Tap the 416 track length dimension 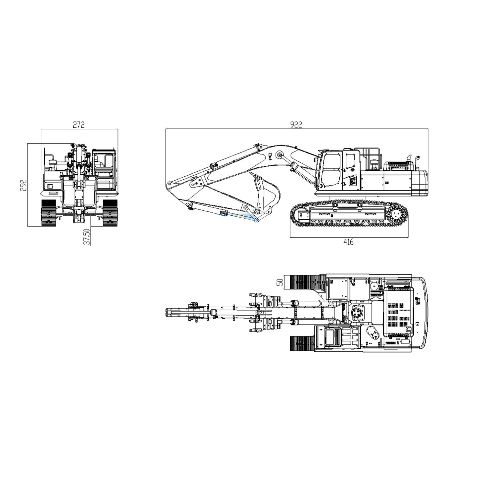pos(348,242)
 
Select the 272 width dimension pos(79,125)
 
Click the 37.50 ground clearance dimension pos(87,237)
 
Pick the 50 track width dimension pos(280,282)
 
